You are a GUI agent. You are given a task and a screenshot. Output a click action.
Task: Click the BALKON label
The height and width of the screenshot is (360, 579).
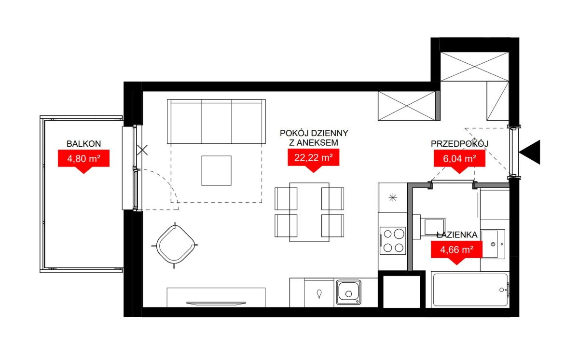84,144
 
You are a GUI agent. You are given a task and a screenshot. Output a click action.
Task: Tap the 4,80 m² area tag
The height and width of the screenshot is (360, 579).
84,159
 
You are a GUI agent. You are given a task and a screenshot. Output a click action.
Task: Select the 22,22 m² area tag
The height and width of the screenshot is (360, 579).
314,158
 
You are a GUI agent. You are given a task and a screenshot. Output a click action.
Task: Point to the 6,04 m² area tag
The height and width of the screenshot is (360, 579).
459,159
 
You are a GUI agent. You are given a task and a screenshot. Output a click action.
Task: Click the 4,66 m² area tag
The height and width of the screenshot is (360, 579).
457,250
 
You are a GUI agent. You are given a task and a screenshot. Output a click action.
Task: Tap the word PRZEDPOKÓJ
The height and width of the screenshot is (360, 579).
459,144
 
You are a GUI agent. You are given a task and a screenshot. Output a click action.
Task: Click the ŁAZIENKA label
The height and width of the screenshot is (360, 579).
457,235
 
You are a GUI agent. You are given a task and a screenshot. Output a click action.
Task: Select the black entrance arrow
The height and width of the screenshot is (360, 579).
529,152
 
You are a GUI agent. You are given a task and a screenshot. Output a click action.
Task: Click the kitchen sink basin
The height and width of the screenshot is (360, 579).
349,292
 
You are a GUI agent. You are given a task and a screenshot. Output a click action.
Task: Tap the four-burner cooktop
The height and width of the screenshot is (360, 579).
393,241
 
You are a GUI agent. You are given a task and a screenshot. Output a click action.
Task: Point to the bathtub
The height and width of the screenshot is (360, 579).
470,290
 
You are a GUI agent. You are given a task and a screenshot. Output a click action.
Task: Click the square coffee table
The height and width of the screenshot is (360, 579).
216,170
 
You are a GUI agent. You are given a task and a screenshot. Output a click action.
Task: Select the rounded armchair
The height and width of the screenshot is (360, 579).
175,245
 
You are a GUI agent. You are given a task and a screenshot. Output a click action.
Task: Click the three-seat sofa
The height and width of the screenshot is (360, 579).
216,121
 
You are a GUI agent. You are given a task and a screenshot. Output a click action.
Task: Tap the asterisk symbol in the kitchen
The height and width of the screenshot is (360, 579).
393,198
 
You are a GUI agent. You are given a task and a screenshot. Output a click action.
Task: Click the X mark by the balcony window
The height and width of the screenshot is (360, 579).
142,150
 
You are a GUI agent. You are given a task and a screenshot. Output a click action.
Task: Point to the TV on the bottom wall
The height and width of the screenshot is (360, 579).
216,303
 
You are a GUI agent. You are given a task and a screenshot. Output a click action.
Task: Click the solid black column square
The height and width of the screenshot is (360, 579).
401,289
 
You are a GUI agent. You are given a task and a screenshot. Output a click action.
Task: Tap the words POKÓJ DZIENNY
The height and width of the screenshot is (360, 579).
314,133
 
